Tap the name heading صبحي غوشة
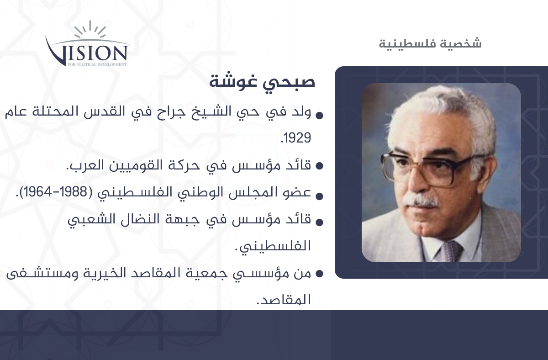pos(262,81)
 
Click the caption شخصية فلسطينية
pos(430,43)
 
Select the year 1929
pos(296,138)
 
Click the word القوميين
pos(136,165)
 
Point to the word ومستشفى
pos(42,273)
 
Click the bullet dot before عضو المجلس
pos(319,196)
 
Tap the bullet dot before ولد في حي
pos(319,116)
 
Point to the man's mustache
pos(420,201)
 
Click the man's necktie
pos(452,251)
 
